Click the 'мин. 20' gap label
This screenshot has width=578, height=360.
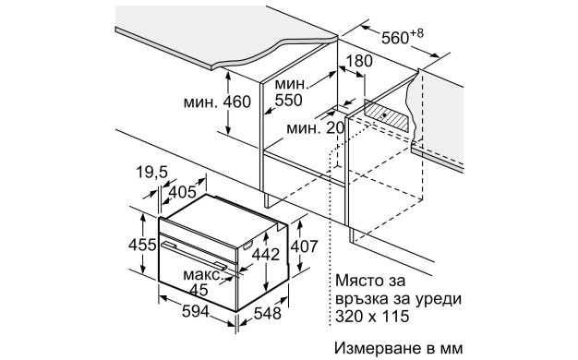tap(312, 128)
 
